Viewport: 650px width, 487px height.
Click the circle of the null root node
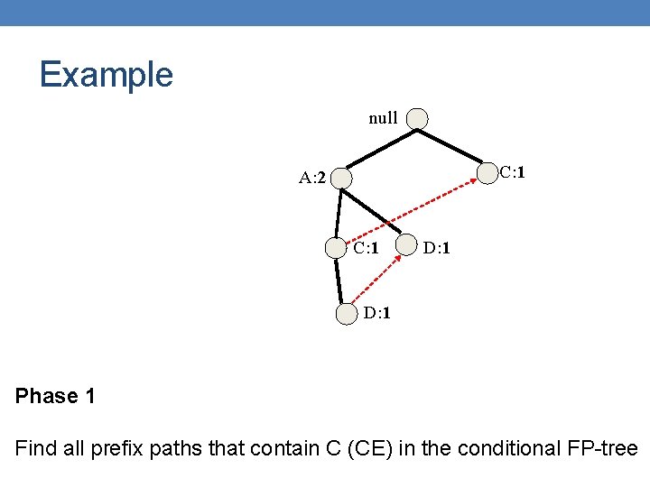pyautogui.click(x=417, y=118)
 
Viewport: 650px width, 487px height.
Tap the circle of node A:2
pyautogui.click(x=341, y=178)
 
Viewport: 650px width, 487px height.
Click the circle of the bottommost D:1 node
pyautogui.click(x=347, y=314)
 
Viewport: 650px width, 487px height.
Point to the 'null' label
pyautogui.click(x=383, y=118)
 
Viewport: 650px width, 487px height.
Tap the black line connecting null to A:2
pyautogui.click(x=379, y=148)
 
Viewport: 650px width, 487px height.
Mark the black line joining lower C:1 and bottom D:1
pyautogui.click(x=341, y=281)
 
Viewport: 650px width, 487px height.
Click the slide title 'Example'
pyautogui.click(x=106, y=74)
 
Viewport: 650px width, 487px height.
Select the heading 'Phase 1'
pyautogui.click(x=55, y=396)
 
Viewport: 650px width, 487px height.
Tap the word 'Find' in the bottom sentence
pyautogui.click(x=35, y=448)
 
